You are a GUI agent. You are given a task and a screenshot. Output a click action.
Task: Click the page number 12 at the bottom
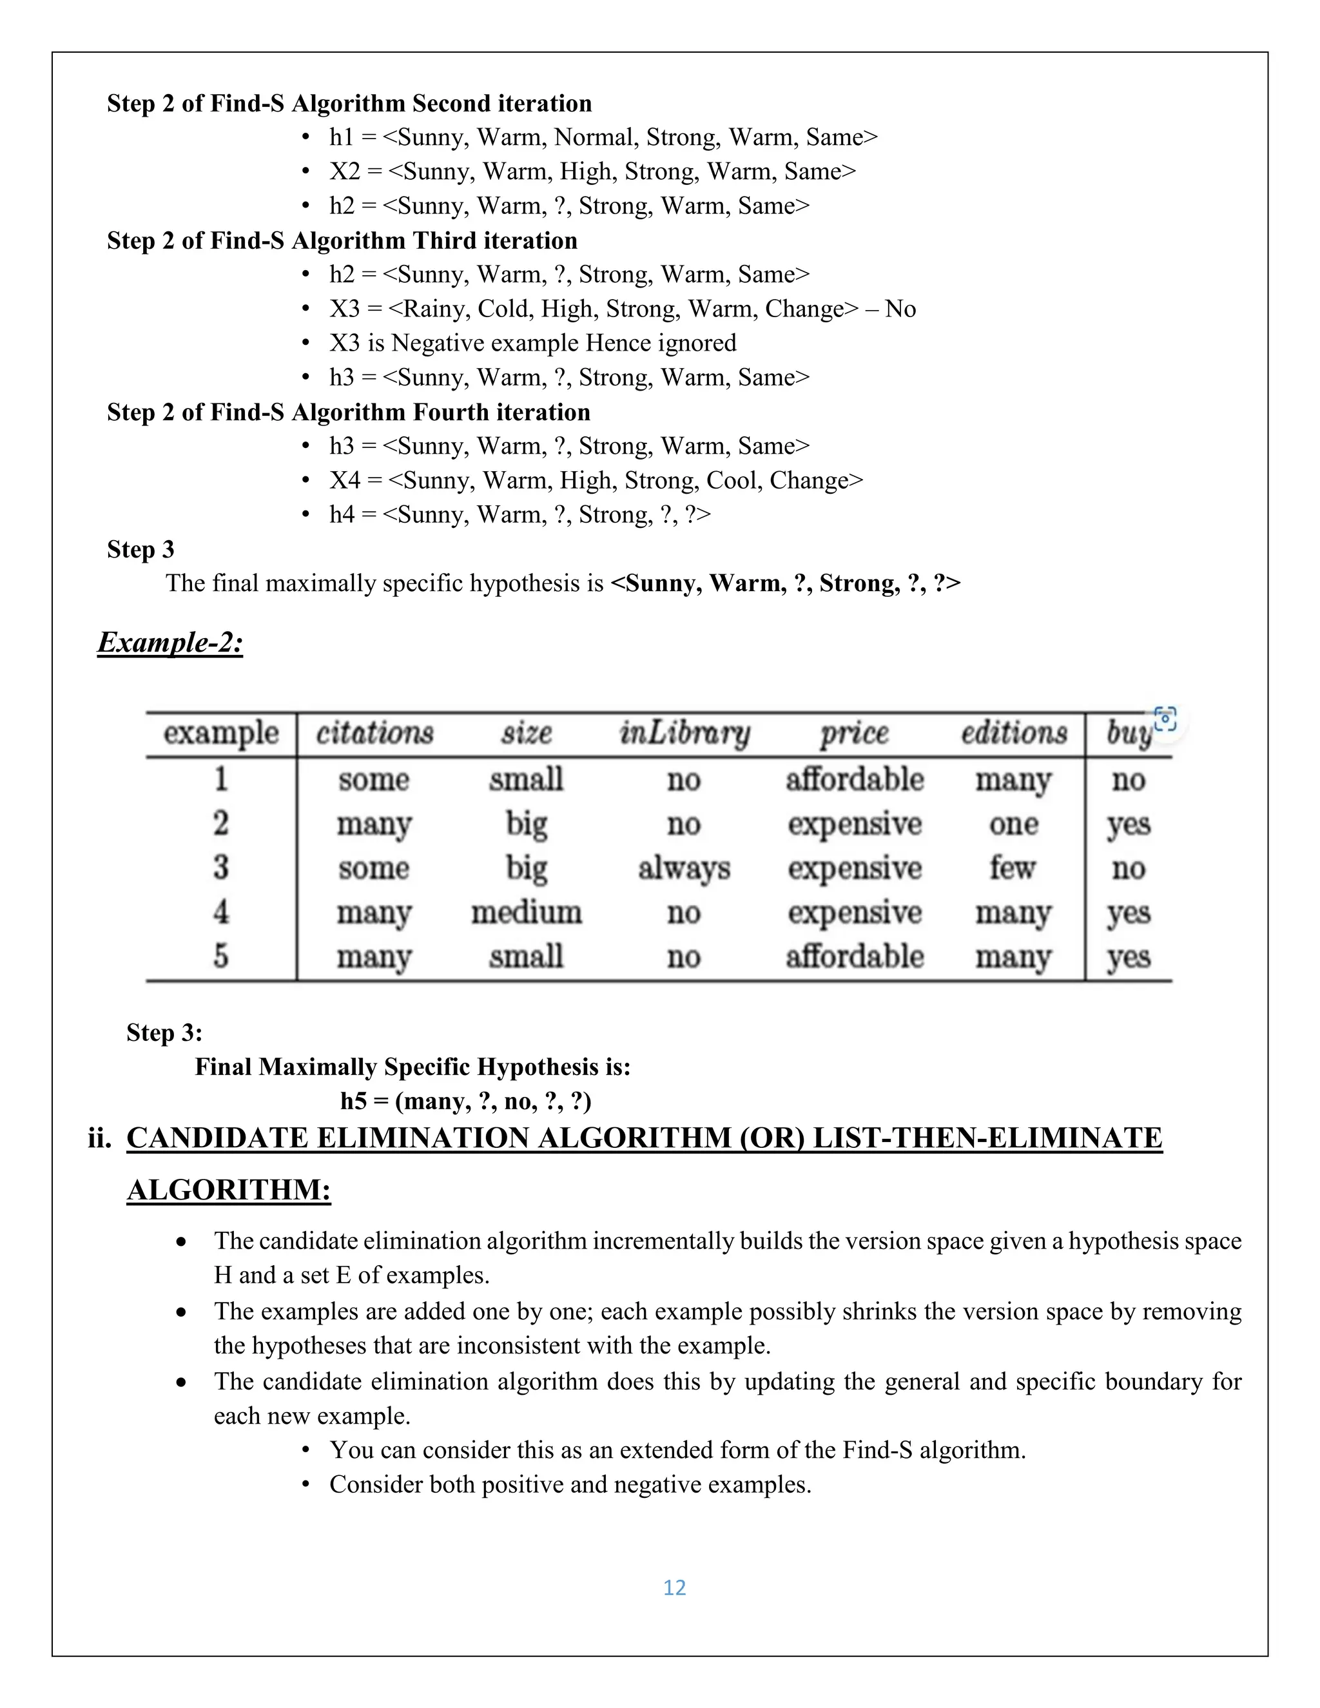[x=674, y=1587]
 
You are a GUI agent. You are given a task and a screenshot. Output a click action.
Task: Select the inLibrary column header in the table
[x=684, y=733]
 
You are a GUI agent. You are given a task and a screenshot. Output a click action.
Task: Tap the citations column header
[x=374, y=733]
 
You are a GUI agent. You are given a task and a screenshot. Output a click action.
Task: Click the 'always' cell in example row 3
[x=684, y=868]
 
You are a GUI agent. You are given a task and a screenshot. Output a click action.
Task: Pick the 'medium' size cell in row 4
[x=527, y=912]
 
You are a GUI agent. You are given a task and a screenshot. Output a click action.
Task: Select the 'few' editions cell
[x=1013, y=868]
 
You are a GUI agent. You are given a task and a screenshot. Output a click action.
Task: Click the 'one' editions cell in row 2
[x=1013, y=824]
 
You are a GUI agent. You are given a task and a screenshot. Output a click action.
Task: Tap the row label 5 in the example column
[x=221, y=956]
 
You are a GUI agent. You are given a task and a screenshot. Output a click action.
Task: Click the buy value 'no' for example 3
[x=1129, y=868]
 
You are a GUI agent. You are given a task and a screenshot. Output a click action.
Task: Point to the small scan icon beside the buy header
[x=1165, y=719]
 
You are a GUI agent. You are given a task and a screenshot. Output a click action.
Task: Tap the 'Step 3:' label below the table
[x=164, y=1033]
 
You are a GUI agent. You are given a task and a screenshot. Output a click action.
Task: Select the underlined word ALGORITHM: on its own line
[x=228, y=1190]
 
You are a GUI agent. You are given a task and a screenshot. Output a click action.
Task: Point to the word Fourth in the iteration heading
[x=461, y=412]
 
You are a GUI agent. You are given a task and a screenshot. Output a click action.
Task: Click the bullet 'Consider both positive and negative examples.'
[x=569, y=1484]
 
